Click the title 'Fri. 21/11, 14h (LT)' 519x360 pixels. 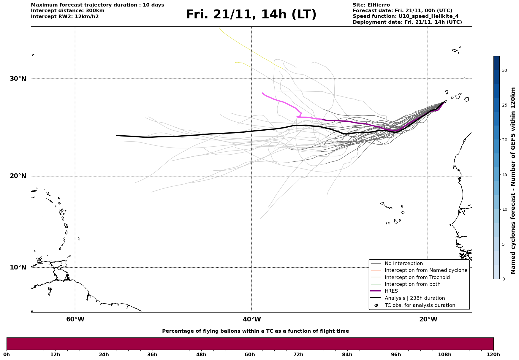(251, 15)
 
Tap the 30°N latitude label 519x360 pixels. (18, 79)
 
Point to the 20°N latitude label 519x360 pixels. (18, 176)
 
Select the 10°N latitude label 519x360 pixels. (18, 267)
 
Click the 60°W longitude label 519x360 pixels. (75, 319)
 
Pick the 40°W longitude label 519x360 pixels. (252, 319)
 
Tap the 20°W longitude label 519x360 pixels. (428, 319)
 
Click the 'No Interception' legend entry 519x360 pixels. (404, 264)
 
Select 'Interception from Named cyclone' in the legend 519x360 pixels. (426, 270)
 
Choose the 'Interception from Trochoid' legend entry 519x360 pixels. (417, 277)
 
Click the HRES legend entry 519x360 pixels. (391, 291)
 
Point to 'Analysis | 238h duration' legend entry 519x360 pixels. (414, 298)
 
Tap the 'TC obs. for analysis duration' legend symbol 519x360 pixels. (376, 305)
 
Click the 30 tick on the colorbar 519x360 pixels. (504, 70)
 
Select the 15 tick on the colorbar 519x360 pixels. (504, 175)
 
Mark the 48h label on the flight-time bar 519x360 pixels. (201, 355)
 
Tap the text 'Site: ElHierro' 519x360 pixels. (371, 5)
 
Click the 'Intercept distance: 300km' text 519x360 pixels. (68, 11)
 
